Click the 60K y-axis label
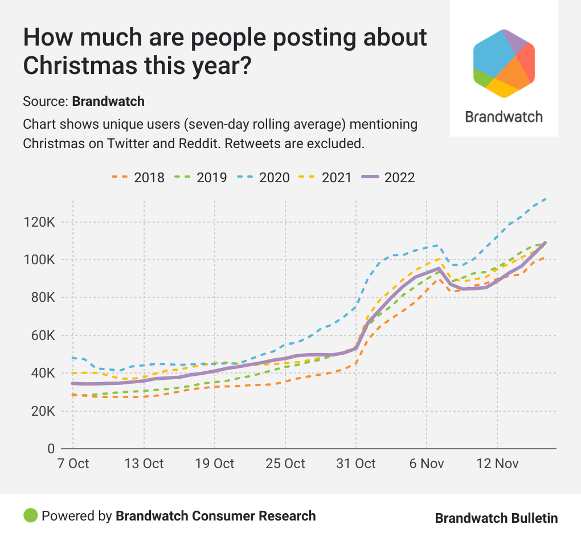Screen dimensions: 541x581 coord(43,335)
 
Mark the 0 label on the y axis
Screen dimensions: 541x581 coord(51,449)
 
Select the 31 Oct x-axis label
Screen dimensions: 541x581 coord(356,464)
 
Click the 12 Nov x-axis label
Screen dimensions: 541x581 coord(497,464)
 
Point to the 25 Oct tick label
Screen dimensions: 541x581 coord(285,464)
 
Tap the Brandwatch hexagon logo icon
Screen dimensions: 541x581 coord(504,63)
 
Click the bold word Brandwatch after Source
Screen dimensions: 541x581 coord(108,102)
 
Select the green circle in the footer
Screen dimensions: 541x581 coord(30,516)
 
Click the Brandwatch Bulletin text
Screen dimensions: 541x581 coord(496,518)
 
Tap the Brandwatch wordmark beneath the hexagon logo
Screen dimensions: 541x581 coord(504,117)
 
